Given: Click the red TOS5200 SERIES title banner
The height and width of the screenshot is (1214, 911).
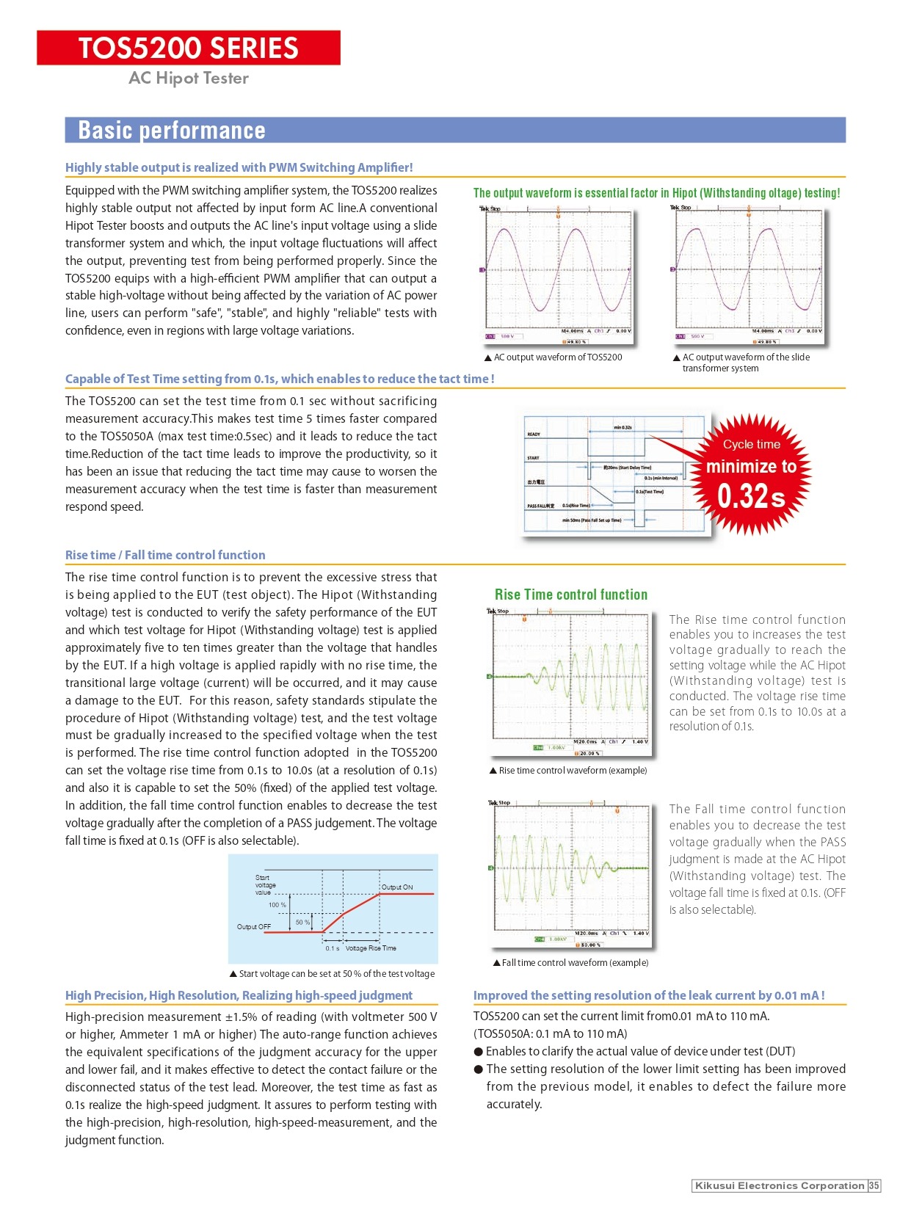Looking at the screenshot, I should pyautogui.click(x=189, y=48).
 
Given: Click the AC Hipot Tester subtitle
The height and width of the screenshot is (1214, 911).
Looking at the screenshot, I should pyautogui.click(x=189, y=78).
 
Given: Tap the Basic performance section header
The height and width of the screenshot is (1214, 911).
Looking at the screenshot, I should pyautogui.click(x=172, y=130).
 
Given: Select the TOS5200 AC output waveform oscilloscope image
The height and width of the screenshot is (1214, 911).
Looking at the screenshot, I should pyautogui.click(x=556, y=275).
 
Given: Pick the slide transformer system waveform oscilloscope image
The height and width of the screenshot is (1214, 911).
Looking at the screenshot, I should pyautogui.click(x=747, y=275).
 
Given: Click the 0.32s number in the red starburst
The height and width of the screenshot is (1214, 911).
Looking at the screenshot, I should pyautogui.click(x=751, y=497).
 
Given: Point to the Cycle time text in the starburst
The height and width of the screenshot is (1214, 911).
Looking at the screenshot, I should pyautogui.click(x=751, y=444).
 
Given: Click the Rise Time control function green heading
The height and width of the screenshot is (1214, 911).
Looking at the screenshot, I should pyautogui.click(x=571, y=595).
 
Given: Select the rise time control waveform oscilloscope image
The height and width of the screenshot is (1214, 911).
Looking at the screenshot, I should pyautogui.click(x=568, y=681).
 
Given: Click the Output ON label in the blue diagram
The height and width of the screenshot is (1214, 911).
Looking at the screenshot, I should pyautogui.click(x=397, y=887).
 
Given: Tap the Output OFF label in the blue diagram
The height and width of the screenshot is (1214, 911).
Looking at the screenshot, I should pyautogui.click(x=254, y=927).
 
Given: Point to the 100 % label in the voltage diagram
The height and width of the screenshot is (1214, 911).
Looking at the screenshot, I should pyautogui.click(x=277, y=905).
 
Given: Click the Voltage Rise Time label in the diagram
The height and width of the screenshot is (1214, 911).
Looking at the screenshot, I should pyautogui.click(x=371, y=948).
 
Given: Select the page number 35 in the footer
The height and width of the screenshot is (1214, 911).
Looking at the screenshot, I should pyautogui.click(x=874, y=1185).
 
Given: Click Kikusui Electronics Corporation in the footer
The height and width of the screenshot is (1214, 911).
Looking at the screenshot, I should pyautogui.click(x=779, y=1185).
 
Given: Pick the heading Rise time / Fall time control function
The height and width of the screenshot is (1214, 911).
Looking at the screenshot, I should pyautogui.click(x=165, y=555).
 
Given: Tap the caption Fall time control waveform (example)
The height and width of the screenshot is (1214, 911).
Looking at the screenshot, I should pyautogui.click(x=571, y=962).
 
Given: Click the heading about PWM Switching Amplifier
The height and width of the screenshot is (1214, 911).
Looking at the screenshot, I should pyautogui.click(x=239, y=167).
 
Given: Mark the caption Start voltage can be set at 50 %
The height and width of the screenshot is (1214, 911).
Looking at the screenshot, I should pyautogui.click(x=333, y=973).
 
